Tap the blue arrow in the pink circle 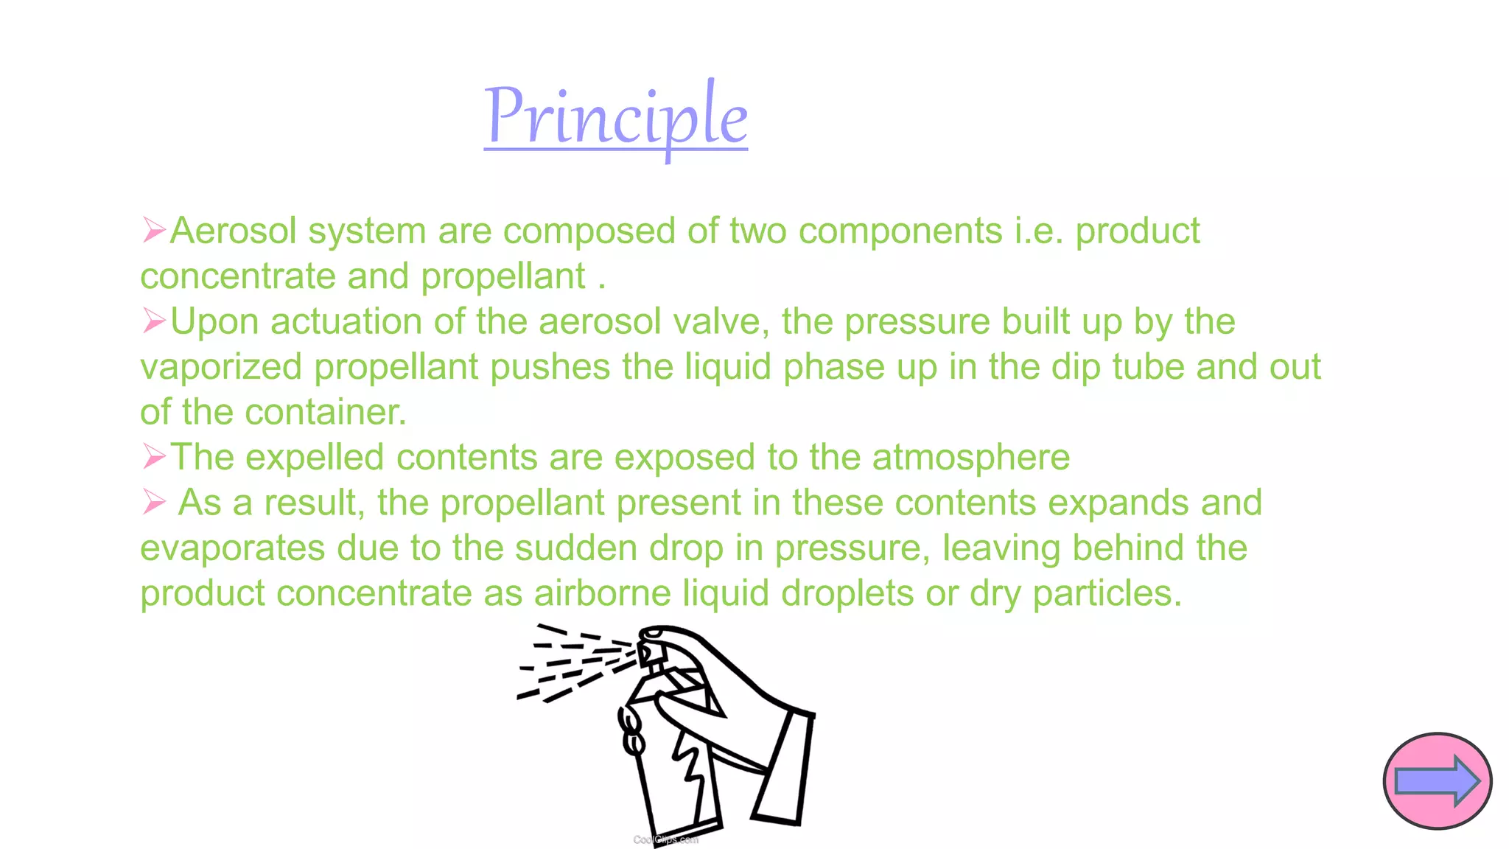click(x=1437, y=781)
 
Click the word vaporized click(x=221, y=368)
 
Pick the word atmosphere click(x=970, y=458)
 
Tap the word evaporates click(x=232, y=549)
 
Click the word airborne click(x=602, y=593)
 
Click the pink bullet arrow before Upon click(x=154, y=321)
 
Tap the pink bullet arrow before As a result click(x=154, y=502)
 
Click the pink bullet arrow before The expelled click(x=154, y=456)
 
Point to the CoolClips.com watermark click(x=665, y=839)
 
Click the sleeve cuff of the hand click(x=785, y=766)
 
